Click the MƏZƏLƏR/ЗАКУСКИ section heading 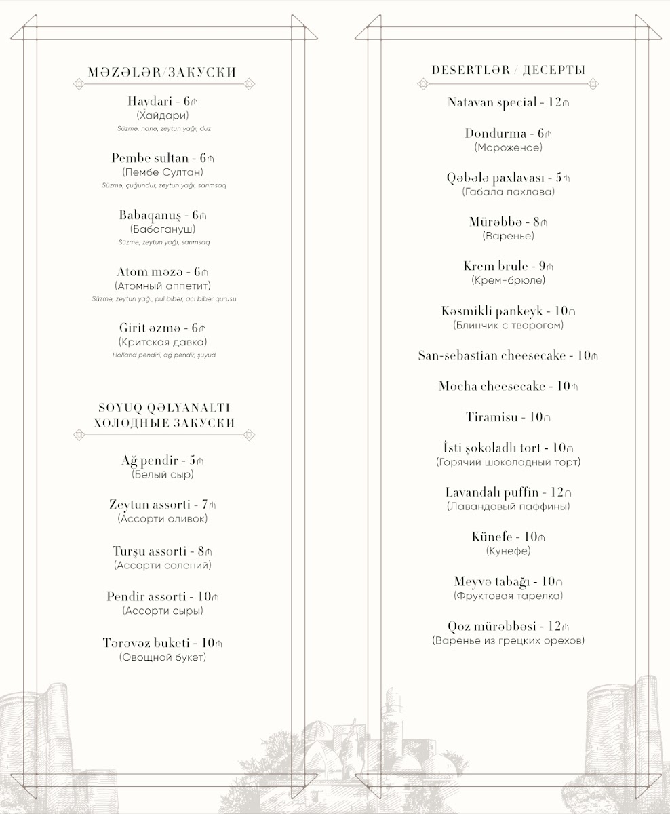163,73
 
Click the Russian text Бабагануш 163,229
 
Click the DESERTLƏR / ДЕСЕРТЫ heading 508,70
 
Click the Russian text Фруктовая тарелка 508,596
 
